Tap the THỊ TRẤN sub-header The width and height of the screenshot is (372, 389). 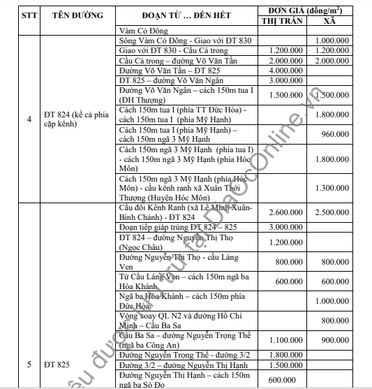[284, 21]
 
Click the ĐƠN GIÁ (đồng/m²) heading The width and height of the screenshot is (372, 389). [308, 10]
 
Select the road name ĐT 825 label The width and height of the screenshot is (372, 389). [58, 365]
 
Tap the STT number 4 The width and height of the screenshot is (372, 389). [28, 119]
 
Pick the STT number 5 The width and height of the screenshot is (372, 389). [28, 365]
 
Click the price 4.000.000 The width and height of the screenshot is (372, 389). [284, 71]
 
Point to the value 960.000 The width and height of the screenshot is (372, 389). [335, 133]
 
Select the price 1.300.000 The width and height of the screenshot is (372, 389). [332, 188]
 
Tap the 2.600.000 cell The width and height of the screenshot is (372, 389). [284, 212]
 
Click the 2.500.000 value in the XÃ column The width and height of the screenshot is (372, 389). [332, 212]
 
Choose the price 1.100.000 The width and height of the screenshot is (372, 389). [284, 340]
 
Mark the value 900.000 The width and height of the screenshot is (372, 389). [335, 340]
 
